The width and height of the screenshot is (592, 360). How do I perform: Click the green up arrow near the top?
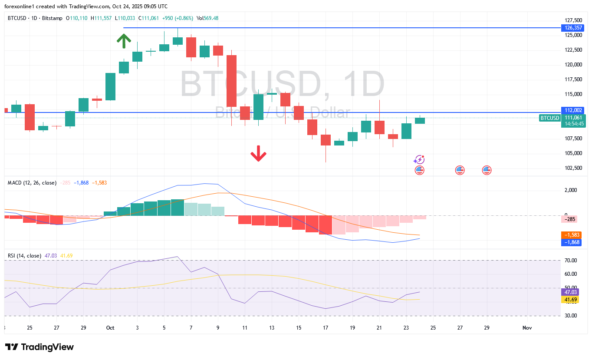click(124, 41)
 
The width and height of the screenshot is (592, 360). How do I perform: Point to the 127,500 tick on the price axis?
click(573, 20)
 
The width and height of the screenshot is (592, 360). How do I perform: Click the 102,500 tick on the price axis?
click(573, 168)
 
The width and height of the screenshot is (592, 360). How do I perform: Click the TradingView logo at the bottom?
click(39, 347)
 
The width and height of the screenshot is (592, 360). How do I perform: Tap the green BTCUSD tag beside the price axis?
click(549, 118)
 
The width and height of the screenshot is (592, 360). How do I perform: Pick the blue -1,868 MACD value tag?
click(571, 242)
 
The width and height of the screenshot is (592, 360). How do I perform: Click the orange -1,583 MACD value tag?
click(571, 235)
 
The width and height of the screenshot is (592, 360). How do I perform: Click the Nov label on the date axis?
click(527, 327)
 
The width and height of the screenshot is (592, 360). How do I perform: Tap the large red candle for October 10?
click(232, 81)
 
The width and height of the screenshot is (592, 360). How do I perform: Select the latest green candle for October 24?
click(420, 121)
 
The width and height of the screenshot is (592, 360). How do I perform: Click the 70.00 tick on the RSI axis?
click(571, 261)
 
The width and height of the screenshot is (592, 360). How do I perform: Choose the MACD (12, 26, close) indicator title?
click(32, 183)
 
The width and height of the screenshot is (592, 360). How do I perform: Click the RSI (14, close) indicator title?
click(24, 256)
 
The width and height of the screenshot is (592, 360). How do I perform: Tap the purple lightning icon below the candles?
click(419, 159)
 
